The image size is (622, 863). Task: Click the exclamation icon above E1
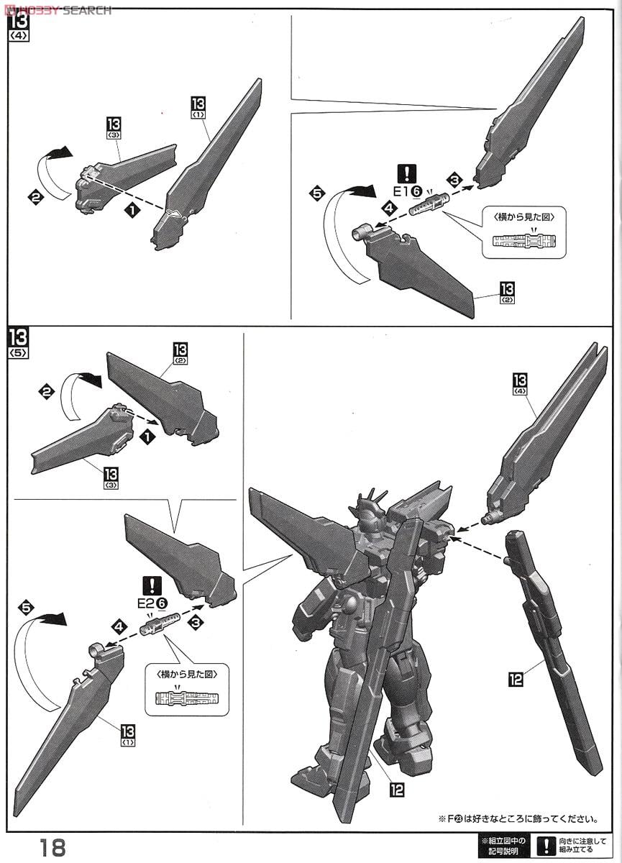point(408,173)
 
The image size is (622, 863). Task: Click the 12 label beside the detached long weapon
point(516,677)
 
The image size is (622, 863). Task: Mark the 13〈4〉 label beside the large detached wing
point(520,385)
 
